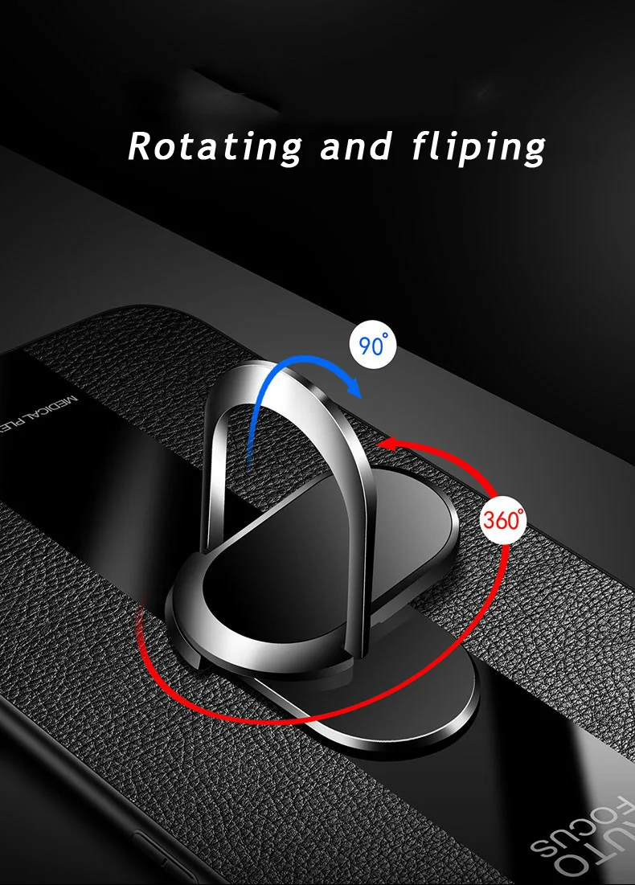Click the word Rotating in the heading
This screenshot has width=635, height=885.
pyautogui.click(x=215, y=147)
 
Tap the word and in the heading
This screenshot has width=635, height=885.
pyautogui.click(x=356, y=147)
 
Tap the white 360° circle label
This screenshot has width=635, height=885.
pyautogui.click(x=503, y=519)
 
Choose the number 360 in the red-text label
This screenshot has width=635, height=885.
pyautogui.click(x=502, y=520)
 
